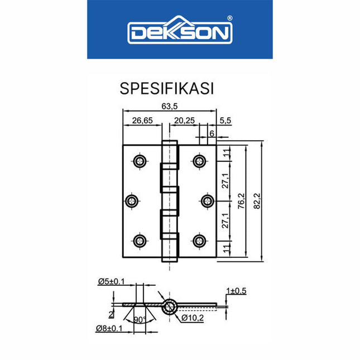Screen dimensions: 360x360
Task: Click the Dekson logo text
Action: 179,32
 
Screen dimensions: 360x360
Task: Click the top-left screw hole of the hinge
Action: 139,161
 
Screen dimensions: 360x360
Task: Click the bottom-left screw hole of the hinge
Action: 139,241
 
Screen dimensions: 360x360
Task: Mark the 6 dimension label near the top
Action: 212,133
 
